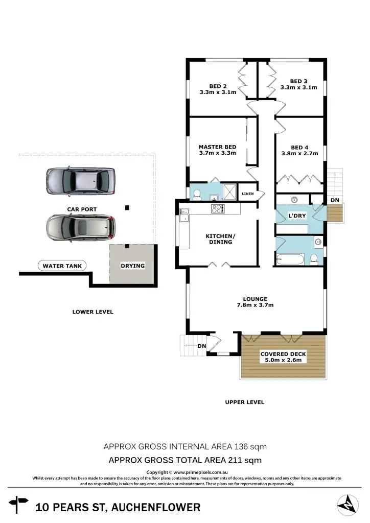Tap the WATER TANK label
[x=62, y=266]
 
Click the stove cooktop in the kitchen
[x=218, y=208]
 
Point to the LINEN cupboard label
[x=248, y=194]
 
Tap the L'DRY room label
[x=297, y=216]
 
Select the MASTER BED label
[x=217, y=147]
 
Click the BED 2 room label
[x=218, y=86]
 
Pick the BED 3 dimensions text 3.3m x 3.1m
[x=299, y=87]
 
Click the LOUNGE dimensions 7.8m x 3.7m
[x=256, y=305]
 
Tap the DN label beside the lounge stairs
[x=202, y=346]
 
